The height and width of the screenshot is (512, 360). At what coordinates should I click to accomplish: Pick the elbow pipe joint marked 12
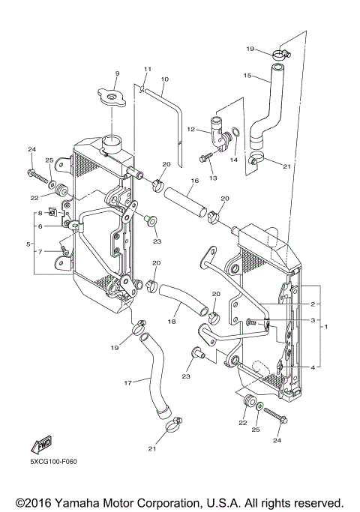click(218, 135)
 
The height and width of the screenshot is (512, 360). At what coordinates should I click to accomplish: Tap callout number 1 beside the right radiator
click(325, 328)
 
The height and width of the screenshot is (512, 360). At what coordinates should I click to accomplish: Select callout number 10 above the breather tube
click(164, 79)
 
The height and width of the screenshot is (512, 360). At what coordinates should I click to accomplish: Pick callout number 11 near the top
click(148, 70)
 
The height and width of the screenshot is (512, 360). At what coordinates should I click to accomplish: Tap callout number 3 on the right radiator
click(313, 319)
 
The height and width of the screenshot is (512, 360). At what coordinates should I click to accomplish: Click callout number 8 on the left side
click(40, 213)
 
